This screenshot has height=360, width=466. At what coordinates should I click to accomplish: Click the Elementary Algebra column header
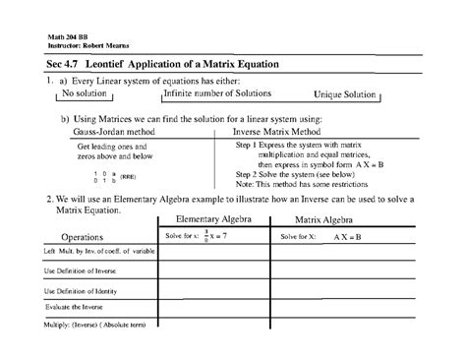click(212, 220)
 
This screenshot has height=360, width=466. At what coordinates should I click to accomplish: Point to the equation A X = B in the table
click(347, 237)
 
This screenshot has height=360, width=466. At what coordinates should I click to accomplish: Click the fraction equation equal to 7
click(215, 237)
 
